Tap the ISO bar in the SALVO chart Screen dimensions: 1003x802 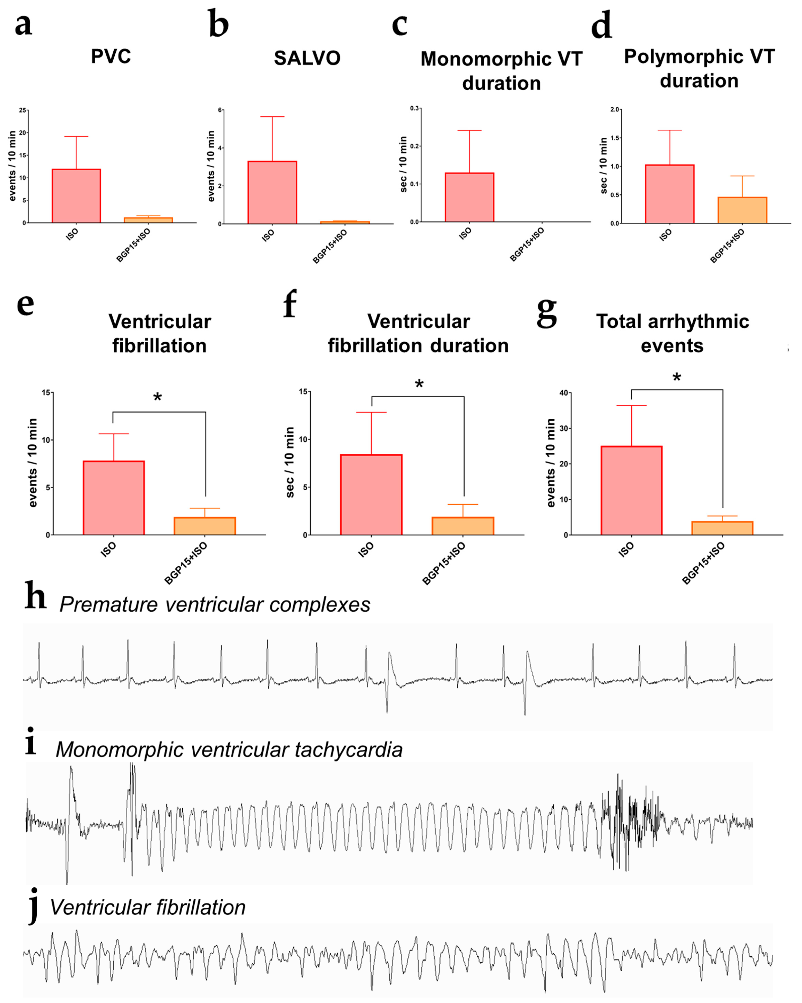coord(272,193)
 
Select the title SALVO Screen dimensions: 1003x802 coord(307,58)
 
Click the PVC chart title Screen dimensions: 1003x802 coord(111,56)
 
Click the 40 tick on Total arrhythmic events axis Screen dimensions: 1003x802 coord(563,393)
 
